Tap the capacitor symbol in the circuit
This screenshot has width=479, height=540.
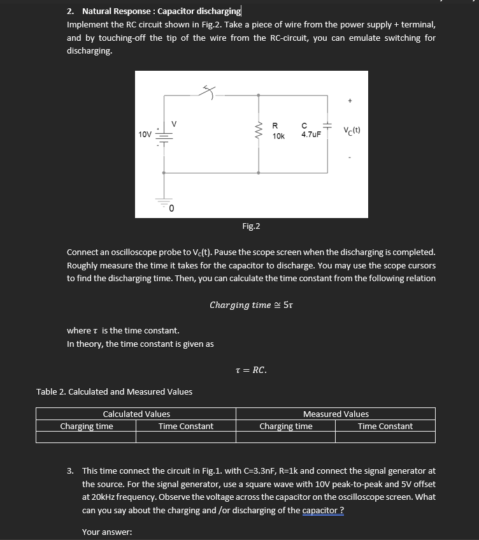pos(327,128)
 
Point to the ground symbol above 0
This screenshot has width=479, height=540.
pos(164,201)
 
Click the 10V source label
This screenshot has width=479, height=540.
pos(145,135)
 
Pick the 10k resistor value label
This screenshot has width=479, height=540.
pos(278,136)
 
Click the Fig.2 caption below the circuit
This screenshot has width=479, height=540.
pos(251,226)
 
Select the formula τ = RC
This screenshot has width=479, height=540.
pos(251,370)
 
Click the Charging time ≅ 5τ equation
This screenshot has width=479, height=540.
pos(251,305)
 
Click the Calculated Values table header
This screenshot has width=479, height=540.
pos(136,414)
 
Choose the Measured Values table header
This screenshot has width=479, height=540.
pos(336,414)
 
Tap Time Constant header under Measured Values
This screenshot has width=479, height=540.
pos(385,427)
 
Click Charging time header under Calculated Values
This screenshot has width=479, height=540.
pos(87,427)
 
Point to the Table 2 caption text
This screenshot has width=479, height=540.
pos(115,391)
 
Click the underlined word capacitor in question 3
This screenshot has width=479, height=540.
pos(322,510)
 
